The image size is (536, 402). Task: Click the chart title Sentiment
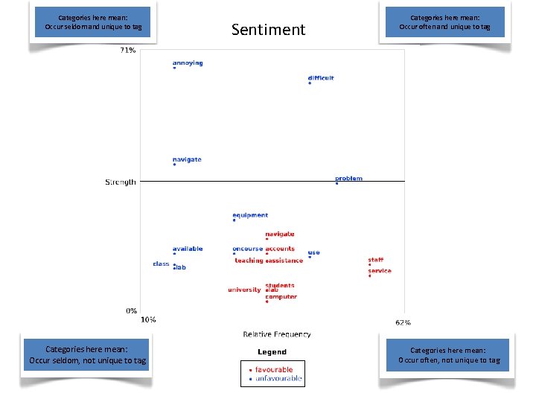point(268,30)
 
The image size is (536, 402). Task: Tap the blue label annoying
point(188,63)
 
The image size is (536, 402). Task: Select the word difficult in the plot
point(321,78)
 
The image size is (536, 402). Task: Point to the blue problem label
point(348,179)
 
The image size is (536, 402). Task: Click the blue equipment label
point(250,215)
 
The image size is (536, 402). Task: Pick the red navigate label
point(280,234)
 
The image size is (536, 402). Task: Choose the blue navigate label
point(187,159)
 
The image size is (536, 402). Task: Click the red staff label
point(376,260)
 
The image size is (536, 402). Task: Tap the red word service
point(380,271)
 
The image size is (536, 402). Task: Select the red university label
point(244,290)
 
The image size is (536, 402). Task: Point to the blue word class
point(162,264)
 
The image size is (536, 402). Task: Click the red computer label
point(281,297)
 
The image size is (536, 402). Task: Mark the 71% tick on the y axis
point(127,51)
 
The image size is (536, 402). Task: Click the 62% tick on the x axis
point(403,322)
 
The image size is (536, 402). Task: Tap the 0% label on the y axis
point(131,310)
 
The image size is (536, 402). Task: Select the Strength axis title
point(120,182)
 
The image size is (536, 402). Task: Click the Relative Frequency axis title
point(277,334)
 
